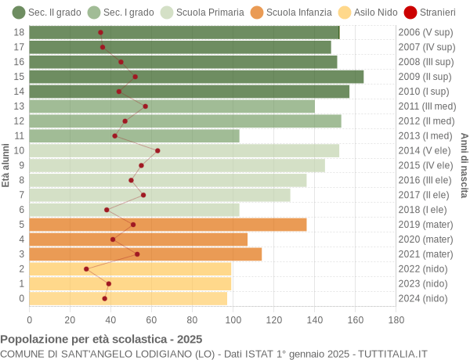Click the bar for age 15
[x=196, y=77]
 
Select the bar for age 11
[x=134, y=136]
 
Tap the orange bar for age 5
[x=168, y=225]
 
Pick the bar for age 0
[x=128, y=298]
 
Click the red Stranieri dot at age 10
[x=157, y=150]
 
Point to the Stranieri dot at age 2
[x=86, y=268]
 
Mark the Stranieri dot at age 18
[x=100, y=32]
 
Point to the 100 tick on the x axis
[x=233, y=319]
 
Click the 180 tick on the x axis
[x=396, y=319]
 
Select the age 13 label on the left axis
[x=20, y=106]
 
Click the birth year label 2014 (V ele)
[x=425, y=150]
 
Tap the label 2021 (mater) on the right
[x=425, y=254]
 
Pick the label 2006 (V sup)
[x=425, y=32]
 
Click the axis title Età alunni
[x=6, y=165]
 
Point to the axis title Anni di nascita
[x=463, y=165]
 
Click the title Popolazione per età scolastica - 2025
[x=101, y=340]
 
